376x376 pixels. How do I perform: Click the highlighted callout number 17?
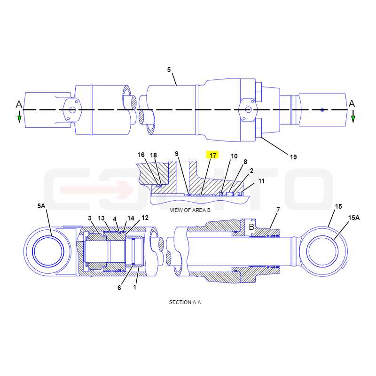click(x=213, y=156)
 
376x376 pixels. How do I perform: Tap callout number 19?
click(x=293, y=157)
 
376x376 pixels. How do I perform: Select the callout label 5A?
click(x=41, y=206)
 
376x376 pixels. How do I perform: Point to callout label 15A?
click(x=354, y=218)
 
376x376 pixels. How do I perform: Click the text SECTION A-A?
click(x=185, y=302)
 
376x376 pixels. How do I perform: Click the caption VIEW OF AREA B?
click(x=190, y=210)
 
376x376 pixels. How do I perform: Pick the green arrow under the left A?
click(x=19, y=117)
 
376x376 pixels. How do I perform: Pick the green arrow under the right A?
click(x=353, y=117)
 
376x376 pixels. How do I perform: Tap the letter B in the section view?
click(x=251, y=227)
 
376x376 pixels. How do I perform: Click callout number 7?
click(x=278, y=210)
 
